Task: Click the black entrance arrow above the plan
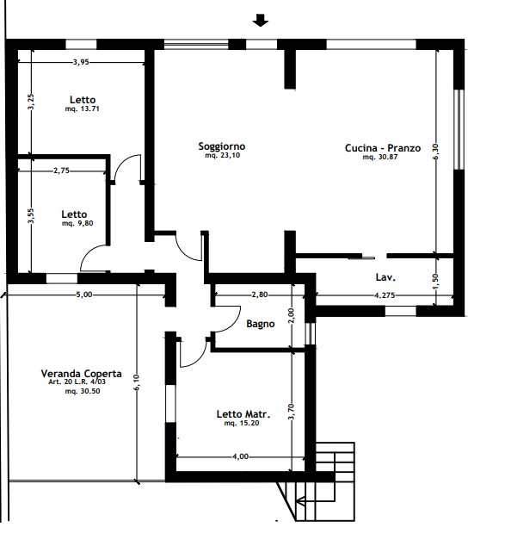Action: click(x=260, y=20)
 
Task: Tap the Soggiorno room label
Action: click(x=222, y=146)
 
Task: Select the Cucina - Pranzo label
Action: click(x=383, y=148)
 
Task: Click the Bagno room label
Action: click(x=261, y=324)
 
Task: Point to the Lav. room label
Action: click(x=385, y=277)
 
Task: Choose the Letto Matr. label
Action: click(x=243, y=414)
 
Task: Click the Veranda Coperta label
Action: click(x=82, y=374)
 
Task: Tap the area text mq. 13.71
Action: click(x=83, y=109)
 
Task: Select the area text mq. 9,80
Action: click(x=77, y=223)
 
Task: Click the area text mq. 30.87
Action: click(x=380, y=157)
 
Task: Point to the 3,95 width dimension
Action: click(x=81, y=62)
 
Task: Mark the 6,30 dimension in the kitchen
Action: click(x=436, y=152)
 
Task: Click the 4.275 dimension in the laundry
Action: click(x=385, y=295)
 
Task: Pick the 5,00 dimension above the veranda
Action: click(x=84, y=295)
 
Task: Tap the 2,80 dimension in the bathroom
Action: click(x=260, y=295)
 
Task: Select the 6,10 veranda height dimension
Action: click(x=136, y=382)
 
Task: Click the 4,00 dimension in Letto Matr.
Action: click(x=240, y=456)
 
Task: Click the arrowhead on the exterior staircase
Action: click(x=299, y=501)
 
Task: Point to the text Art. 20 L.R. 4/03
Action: click(x=77, y=382)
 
